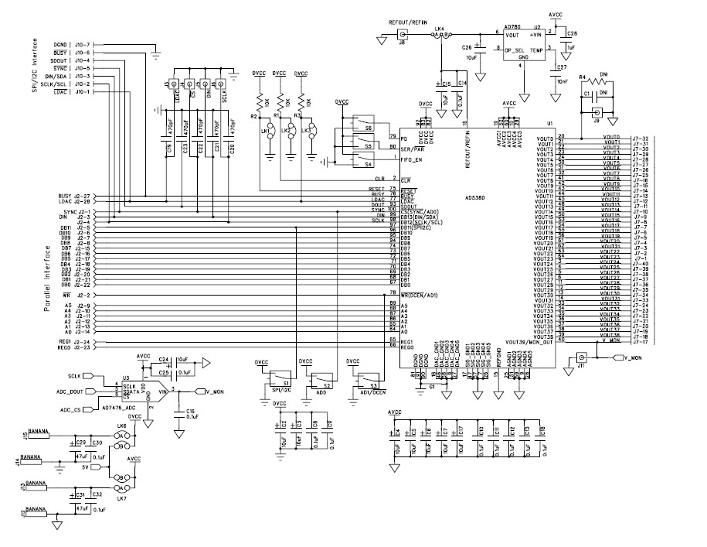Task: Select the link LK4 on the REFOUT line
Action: click(x=439, y=36)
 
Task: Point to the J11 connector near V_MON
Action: click(x=581, y=358)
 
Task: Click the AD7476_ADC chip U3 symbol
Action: click(x=143, y=393)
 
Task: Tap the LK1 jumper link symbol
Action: click(x=267, y=129)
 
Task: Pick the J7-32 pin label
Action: click(x=641, y=138)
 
